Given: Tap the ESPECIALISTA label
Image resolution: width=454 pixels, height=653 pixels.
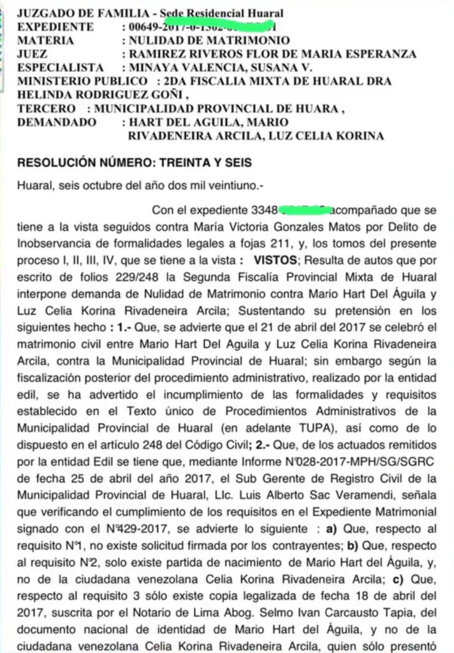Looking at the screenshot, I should click(60, 68).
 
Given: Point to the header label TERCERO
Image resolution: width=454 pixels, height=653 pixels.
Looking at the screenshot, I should click(43, 109).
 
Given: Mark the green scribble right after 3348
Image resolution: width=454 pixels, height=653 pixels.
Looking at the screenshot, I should click(304, 209).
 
